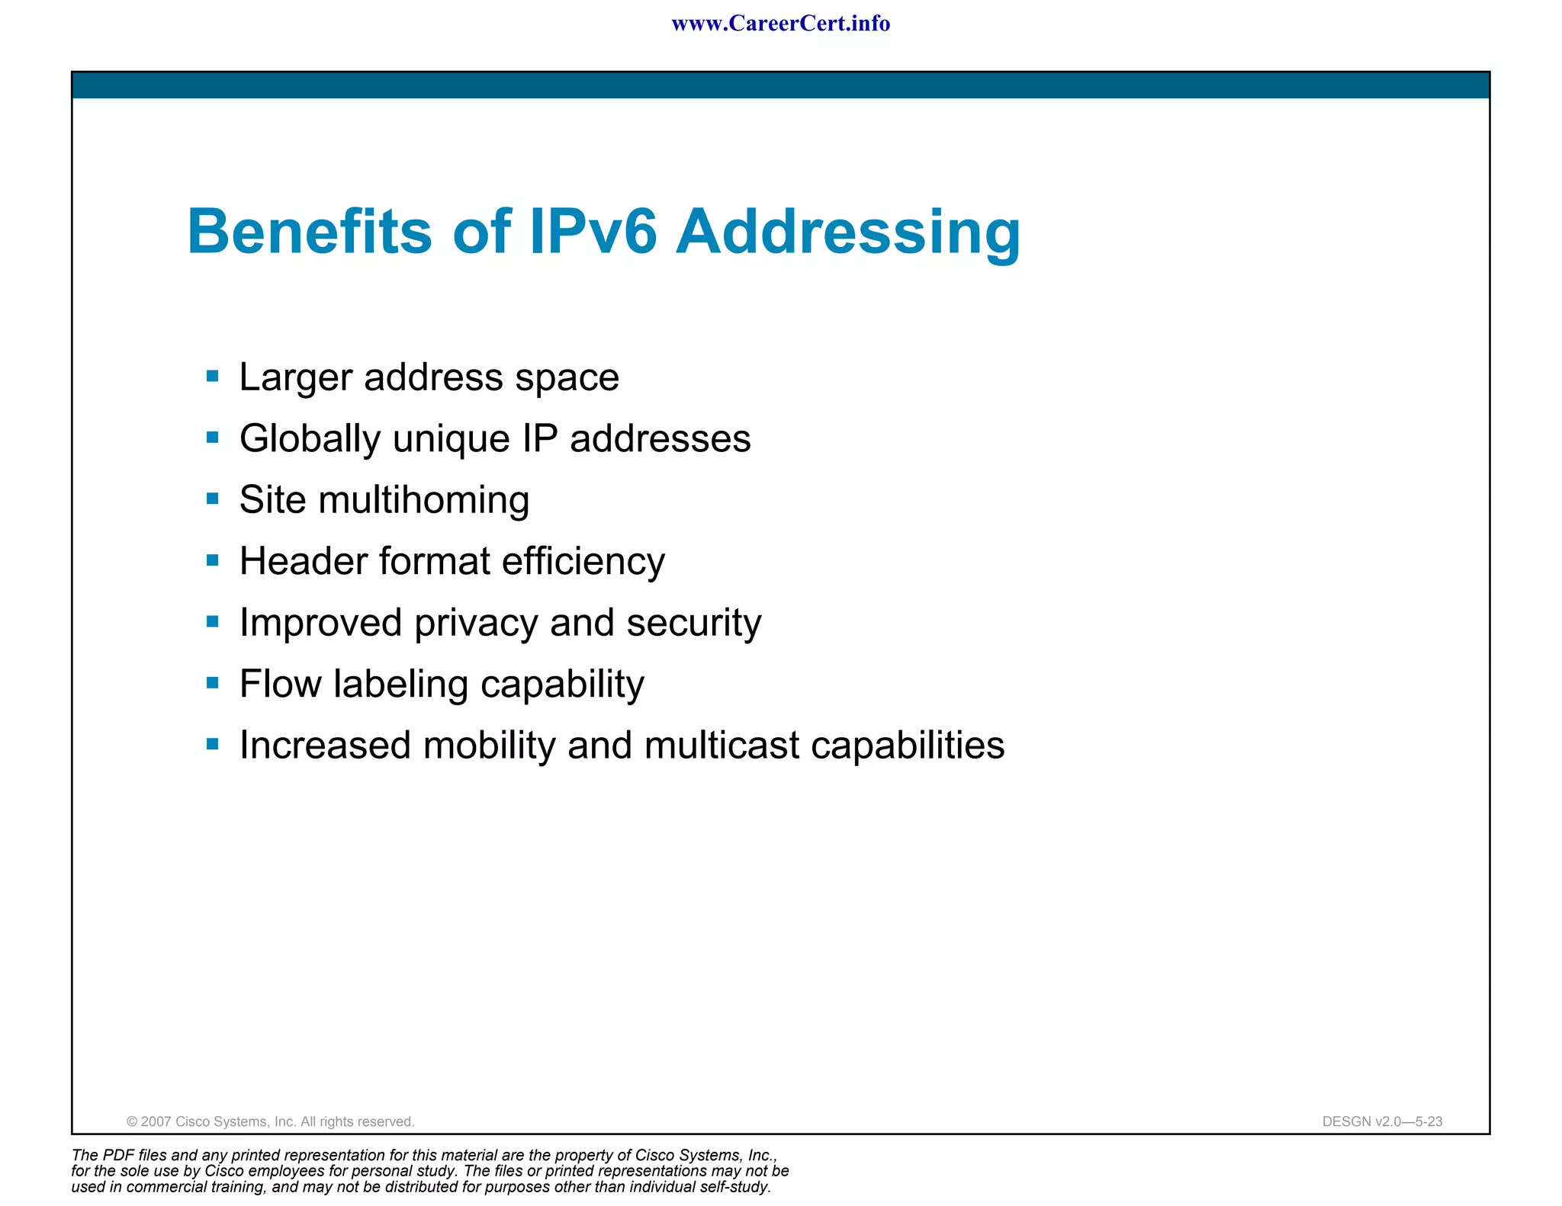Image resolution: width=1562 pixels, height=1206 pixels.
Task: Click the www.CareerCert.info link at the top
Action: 780,24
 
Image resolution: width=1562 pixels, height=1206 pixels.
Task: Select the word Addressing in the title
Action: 848,233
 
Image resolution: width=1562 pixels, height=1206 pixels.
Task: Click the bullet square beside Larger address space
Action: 213,376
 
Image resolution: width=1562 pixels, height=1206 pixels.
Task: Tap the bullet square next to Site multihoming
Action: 213,499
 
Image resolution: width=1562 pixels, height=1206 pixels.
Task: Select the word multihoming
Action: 423,501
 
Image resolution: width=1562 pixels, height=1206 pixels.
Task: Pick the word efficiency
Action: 583,563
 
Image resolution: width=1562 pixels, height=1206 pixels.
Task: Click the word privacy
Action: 476,624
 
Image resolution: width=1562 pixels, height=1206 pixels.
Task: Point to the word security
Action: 693,624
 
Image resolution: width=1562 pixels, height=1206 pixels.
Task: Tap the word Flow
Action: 280,684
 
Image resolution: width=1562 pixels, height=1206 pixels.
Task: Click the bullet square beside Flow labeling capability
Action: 213,683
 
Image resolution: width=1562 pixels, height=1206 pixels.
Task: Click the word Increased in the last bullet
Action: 325,746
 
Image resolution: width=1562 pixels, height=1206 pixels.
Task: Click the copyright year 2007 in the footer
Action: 156,1121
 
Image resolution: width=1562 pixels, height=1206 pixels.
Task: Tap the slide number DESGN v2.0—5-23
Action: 1382,1121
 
